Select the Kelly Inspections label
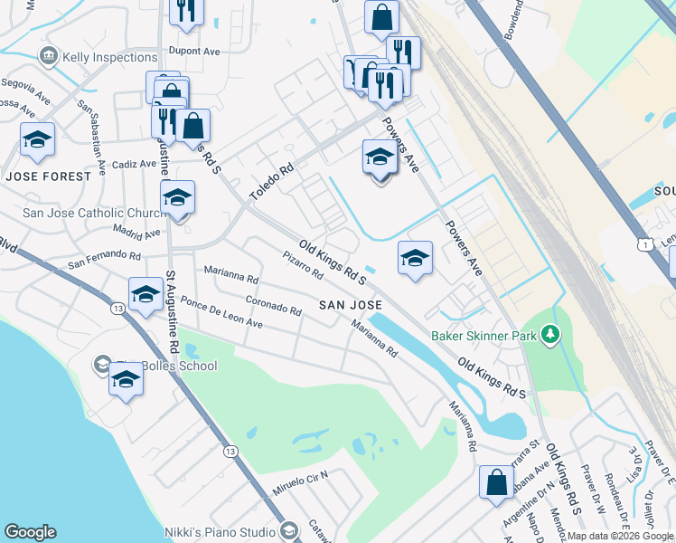coord(110,57)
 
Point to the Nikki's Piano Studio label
coord(219,531)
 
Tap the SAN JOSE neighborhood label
coord(351,305)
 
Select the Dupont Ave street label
coord(194,52)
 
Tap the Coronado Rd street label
coord(274,304)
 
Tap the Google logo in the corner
coord(30,532)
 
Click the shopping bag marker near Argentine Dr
coord(497,481)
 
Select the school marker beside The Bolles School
coord(126,380)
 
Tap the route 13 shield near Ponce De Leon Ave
coord(118,309)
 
